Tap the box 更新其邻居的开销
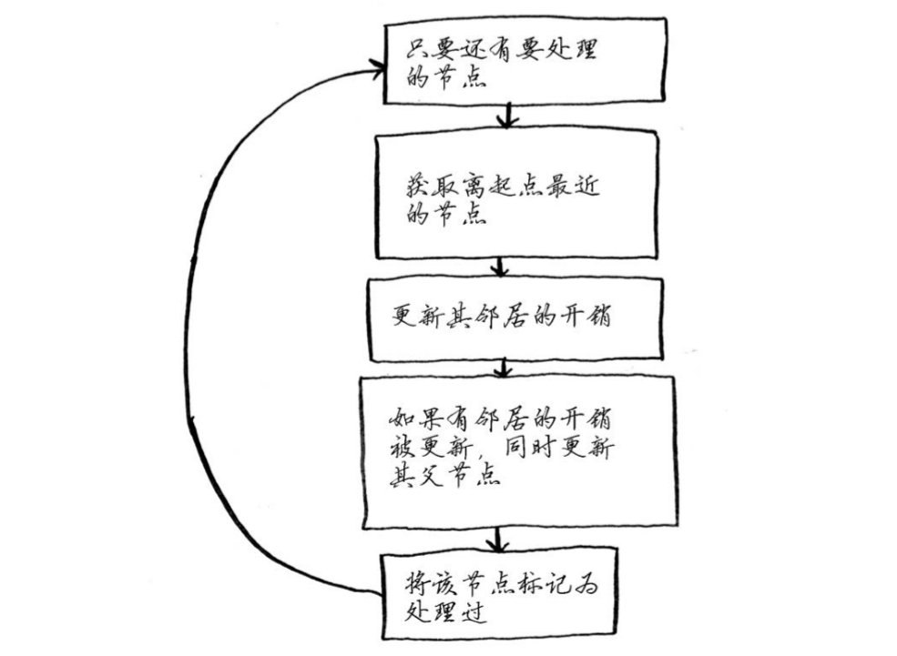(x=510, y=318)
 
